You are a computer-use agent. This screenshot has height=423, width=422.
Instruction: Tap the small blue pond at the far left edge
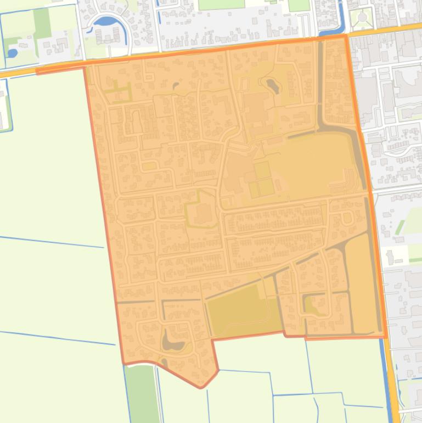pyautogui.click(x=12, y=53)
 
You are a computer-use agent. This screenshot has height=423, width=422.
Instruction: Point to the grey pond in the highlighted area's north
pyautogui.click(x=271, y=85)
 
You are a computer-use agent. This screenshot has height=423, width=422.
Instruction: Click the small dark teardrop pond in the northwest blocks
pyautogui.click(x=176, y=86)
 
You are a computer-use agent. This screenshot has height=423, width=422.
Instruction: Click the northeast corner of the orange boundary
pyautogui.click(x=346, y=36)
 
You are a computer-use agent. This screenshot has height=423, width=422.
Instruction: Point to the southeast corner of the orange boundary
pyautogui.click(x=386, y=337)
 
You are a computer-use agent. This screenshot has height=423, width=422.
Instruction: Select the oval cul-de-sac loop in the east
pyautogui.click(x=347, y=218)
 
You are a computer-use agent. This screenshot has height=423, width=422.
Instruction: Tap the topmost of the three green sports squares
pyautogui.click(x=262, y=170)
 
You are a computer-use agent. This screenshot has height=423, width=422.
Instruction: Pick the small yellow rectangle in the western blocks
pyautogui.click(x=149, y=166)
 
